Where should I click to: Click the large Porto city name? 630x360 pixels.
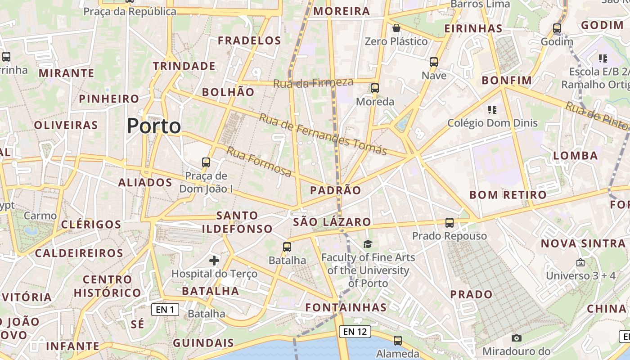[154, 126]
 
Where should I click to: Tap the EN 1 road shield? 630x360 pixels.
[165, 310]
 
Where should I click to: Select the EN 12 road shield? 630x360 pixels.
[355, 332]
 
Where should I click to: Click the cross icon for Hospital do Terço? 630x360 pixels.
[214, 260]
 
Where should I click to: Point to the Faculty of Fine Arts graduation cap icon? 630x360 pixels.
[368, 244]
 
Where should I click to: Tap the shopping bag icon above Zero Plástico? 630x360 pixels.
[396, 28]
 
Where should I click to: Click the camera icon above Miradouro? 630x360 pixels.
[517, 338]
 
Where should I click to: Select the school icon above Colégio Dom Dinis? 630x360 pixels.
[492, 109]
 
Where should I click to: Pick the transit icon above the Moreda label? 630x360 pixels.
[375, 88]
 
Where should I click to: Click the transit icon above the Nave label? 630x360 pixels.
[434, 62]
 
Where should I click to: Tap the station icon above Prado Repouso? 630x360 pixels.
[449, 223]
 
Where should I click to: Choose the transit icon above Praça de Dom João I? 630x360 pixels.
[206, 162]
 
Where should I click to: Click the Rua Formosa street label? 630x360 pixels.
[259, 162]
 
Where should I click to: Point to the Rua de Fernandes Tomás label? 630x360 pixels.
[323, 134]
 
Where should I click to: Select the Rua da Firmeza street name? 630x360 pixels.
[313, 83]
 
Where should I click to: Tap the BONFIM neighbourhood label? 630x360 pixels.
[507, 81]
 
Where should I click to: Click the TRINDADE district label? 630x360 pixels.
[184, 66]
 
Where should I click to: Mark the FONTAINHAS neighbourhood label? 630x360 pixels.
[346, 307]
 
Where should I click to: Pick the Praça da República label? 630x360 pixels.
[130, 12]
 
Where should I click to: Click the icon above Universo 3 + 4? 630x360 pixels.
[580, 262]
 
